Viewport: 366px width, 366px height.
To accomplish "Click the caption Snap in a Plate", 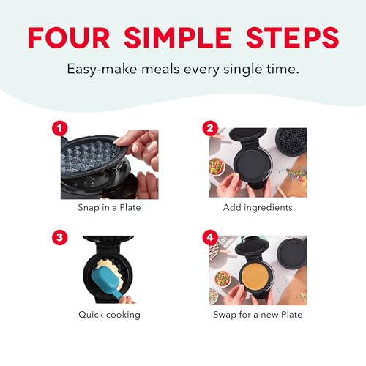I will click(x=109, y=208).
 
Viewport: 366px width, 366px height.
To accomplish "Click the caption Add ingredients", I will click(x=258, y=208).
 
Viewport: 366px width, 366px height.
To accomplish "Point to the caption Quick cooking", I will click(x=109, y=315).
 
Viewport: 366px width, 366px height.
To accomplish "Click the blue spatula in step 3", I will click(x=109, y=280).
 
